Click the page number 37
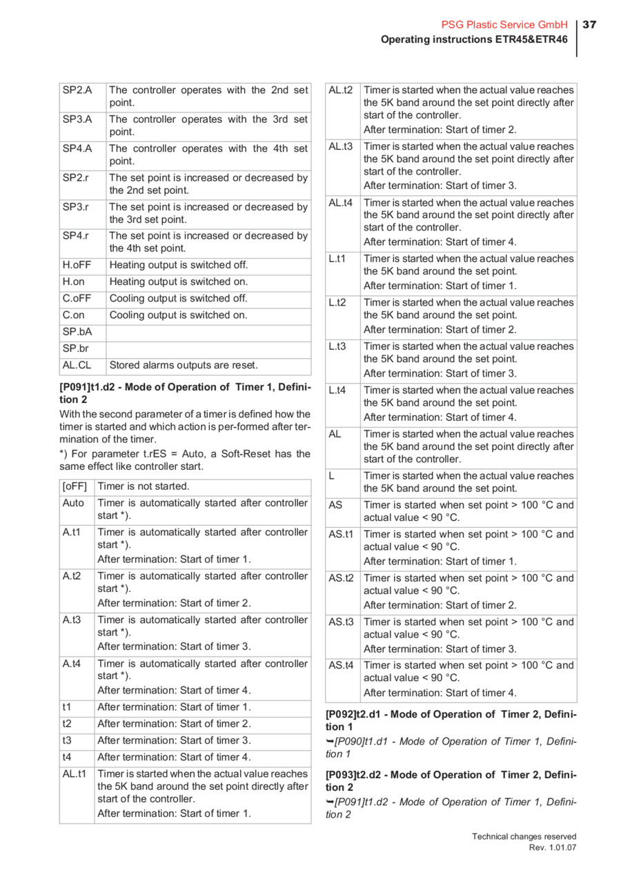(x=589, y=25)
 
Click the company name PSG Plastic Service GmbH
(x=504, y=25)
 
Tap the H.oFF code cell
(x=77, y=265)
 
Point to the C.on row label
(x=74, y=315)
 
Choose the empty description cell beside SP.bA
(x=208, y=332)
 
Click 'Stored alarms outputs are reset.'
(x=184, y=365)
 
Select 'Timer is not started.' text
(x=144, y=486)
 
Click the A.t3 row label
(x=72, y=620)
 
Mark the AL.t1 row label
(x=75, y=773)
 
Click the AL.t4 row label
(x=341, y=203)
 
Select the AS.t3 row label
(x=341, y=622)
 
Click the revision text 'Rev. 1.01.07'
(x=552, y=847)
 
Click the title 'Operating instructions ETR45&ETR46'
(x=475, y=39)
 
